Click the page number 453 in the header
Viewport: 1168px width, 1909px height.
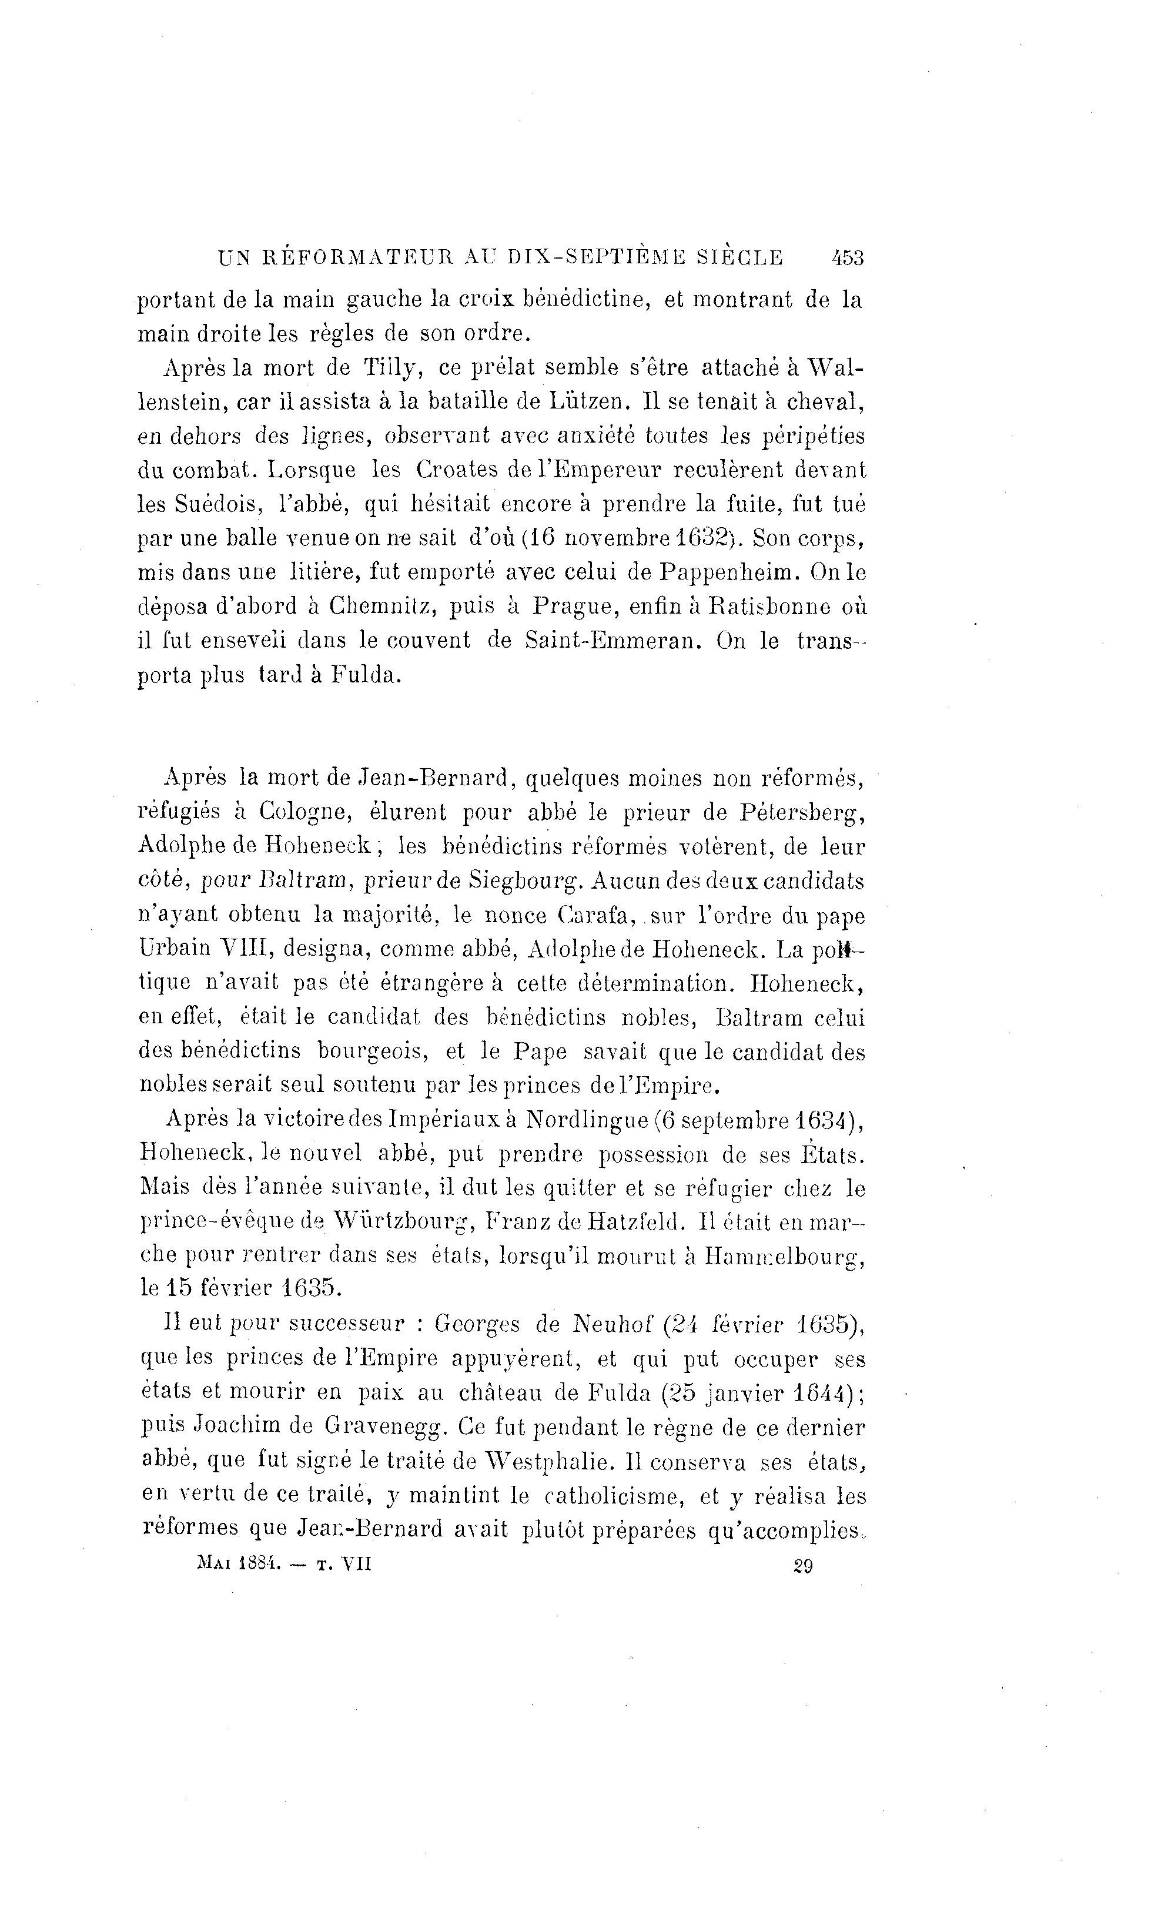click(846, 257)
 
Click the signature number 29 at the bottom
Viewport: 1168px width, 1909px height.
click(803, 1566)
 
